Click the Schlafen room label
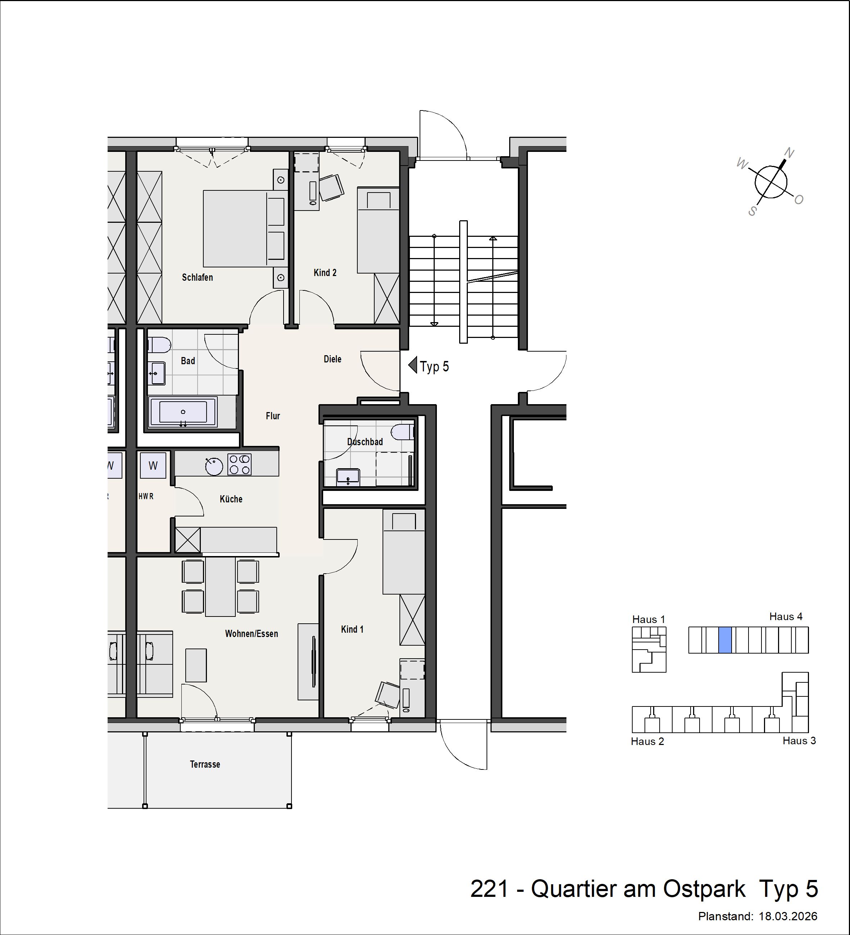[x=197, y=277]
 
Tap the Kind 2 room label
[x=325, y=273]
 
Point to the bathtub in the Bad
[x=183, y=412]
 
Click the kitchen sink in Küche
[x=214, y=466]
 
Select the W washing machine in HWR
[x=153, y=465]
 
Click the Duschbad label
[x=365, y=442]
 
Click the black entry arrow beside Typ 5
[x=413, y=365]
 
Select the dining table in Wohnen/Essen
[x=220, y=587]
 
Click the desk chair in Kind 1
[x=388, y=694]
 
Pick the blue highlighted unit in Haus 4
[x=725, y=640]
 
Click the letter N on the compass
[x=789, y=153]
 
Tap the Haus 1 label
[x=648, y=619]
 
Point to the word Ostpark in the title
[x=704, y=889]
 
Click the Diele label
[x=332, y=359]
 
